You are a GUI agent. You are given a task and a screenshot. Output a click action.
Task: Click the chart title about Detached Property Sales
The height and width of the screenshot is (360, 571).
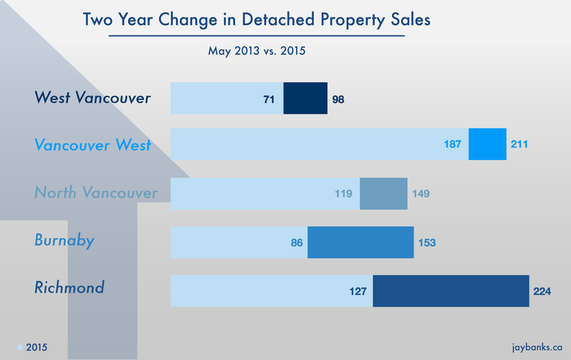click(x=256, y=19)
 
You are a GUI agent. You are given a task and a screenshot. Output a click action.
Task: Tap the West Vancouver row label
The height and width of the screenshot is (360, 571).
click(x=93, y=98)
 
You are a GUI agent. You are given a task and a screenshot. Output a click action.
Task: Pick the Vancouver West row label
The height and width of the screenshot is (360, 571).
click(x=93, y=145)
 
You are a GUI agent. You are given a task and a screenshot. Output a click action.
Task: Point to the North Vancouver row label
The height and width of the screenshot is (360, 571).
click(x=96, y=194)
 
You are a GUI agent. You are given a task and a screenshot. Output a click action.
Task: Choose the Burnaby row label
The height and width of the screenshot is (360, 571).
click(x=65, y=240)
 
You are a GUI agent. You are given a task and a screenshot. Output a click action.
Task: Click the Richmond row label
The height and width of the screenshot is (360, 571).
click(x=70, y=287)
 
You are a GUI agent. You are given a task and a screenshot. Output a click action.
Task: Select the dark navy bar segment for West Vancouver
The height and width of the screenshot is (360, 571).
click(x=305, y=98)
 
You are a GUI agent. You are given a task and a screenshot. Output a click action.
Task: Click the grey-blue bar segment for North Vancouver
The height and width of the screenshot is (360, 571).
click(x=383, y=194)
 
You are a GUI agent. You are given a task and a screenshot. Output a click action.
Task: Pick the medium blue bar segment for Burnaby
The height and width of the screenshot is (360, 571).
click(x=360, y=242)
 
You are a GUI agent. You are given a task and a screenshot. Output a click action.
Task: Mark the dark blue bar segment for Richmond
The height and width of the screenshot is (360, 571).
click(x=450, y=290)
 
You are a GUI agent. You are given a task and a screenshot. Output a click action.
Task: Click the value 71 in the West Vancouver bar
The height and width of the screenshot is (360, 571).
click(x=269, y=99)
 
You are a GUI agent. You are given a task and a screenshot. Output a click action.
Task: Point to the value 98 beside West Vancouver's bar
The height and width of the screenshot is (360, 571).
click(x=338, y=99)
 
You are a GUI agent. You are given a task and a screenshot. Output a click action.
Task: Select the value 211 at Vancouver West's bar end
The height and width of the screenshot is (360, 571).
click(x=519, y=145)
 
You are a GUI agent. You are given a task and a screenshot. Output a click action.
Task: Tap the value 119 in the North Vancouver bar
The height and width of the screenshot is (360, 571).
click(x=343, y=194)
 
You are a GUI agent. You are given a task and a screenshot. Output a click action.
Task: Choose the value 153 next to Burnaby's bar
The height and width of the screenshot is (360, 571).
click(x=428, y=243)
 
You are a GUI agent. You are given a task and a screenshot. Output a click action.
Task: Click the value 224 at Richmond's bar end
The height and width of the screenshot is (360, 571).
click(x=542, y=291)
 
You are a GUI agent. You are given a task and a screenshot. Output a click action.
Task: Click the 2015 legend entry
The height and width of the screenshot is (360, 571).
click(x=32, y=346)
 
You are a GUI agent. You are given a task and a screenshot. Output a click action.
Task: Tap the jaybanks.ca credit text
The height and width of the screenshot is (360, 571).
click(x=537, y=346)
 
